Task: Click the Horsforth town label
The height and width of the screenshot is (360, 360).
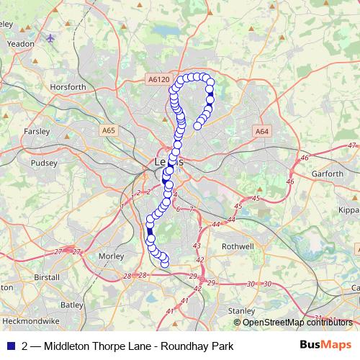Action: [68, 87]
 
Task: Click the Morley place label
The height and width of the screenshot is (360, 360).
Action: [112, 256]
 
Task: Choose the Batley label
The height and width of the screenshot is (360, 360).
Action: [71, 305]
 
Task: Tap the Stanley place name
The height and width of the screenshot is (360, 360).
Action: [241, 311]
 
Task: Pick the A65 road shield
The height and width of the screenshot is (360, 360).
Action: [108, 130]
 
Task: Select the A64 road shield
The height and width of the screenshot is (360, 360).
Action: [261, 131]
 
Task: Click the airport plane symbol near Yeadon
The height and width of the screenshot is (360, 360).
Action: [50, 37]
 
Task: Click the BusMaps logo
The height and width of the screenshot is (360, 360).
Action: [325, 344]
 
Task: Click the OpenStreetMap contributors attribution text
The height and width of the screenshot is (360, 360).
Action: [297, 323]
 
